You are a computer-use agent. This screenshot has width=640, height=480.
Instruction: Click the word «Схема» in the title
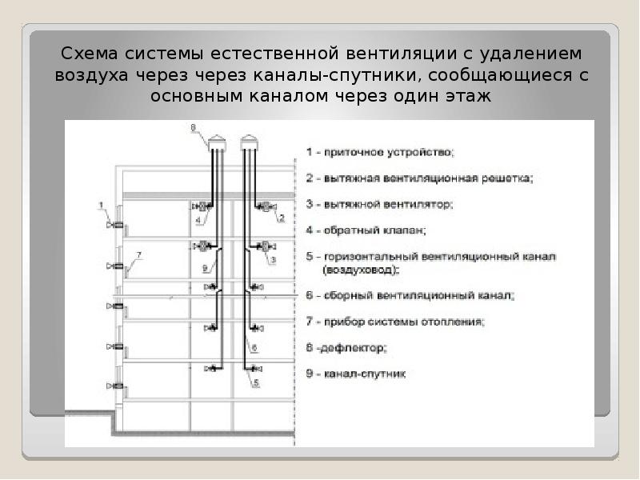click(x=90, y=54)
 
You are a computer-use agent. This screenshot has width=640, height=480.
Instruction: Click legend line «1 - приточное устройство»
click(x=380, y=153)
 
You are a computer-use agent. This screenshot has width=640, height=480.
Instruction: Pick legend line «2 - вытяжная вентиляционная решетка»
click(x=419, y=178)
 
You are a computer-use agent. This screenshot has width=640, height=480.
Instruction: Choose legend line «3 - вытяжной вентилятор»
click(x=379, y=204)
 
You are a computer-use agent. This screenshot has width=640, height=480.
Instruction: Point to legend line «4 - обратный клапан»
click(x=366, y=230)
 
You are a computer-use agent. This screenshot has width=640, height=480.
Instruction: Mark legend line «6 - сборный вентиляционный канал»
click(x=410, y=295)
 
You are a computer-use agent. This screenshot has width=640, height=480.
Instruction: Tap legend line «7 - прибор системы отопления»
click(x=395, y=322)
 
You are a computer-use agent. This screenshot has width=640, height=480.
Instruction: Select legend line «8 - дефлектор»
click(x=346, y=348)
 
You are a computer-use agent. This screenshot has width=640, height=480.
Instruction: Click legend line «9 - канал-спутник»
click(x=356, y=374)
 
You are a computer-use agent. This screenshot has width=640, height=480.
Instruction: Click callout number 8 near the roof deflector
click(x=194, y=128)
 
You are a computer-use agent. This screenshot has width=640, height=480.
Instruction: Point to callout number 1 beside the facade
click(x=102, y=206)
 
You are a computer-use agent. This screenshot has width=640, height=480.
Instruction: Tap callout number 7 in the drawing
click(x=138, y=255)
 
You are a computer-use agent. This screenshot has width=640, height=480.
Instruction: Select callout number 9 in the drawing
click(x=206, y=268)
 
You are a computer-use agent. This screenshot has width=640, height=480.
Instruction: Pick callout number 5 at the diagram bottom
click(x=256, y=382)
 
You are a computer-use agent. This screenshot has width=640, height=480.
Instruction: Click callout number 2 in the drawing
click(x=282, y=218)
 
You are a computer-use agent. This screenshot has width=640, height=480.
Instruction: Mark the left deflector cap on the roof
click(x=217, y=143)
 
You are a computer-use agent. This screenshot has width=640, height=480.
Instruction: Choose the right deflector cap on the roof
click(x=250, y=143)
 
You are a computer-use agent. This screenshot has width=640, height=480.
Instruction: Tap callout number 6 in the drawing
click(x=254, y=348)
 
